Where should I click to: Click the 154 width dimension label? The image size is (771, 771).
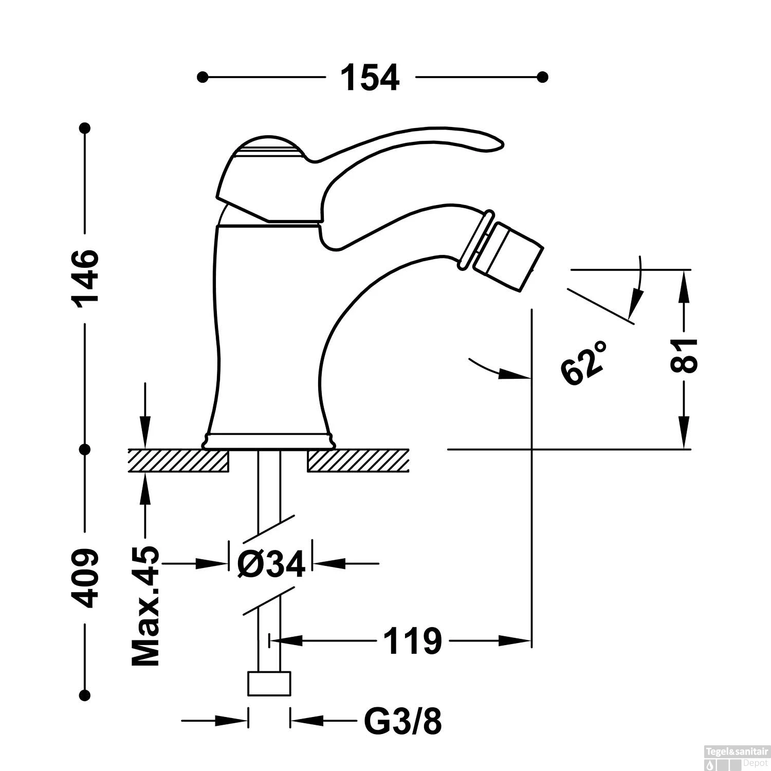click(x=370, y=78)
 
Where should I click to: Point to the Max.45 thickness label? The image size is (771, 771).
click(x=145, y=607)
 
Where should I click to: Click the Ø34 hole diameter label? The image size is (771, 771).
click(x=271, y=564)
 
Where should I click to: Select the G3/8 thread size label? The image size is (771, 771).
click(x=402, y=722)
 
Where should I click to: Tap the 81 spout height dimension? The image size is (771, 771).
click(x=684, y=355)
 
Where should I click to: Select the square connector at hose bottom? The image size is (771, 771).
click(x=269, y=684)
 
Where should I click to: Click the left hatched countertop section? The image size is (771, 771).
click(x=178, y=460)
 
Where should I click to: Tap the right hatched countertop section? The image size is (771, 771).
click(x=358, y=460)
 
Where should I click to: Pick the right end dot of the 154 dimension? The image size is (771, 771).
click(x=542, y=77)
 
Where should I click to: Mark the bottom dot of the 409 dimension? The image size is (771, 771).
click(x=85, y=696)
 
